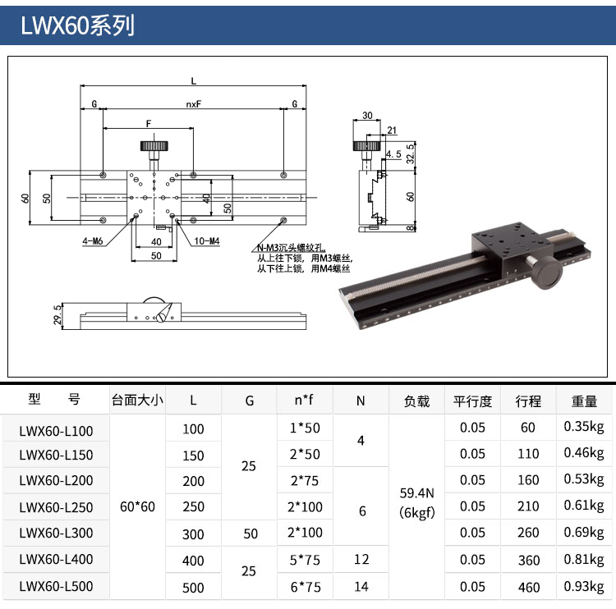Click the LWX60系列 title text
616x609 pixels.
click(77, 25)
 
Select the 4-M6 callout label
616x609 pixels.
click(92, 241)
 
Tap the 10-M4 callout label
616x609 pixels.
click(207, 241)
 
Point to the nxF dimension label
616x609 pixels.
click(194, 104)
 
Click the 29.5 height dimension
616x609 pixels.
click(57, 315)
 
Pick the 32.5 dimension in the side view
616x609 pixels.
click(410, 153)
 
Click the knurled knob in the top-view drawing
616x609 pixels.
click(154, 146)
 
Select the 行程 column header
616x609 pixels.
click(528, 401)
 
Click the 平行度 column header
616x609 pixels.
click(472, 401)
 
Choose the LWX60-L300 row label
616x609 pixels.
click(56, 533)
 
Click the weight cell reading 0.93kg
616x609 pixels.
click(584, 587)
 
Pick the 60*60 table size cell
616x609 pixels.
click(137, 506)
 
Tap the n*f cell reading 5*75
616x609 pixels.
click(305, 560)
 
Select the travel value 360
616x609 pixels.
click(528, 561)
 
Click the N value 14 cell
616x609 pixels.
click(361, 587)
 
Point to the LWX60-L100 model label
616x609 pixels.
click(56, 431)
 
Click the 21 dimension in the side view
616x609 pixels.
click(392, 130)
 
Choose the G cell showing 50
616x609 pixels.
click(251, 533)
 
